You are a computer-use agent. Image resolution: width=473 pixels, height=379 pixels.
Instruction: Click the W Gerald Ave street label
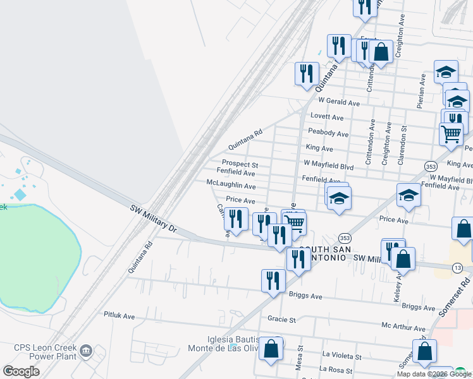(339, 102)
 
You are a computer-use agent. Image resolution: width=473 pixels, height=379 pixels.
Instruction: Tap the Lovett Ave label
(327, 117)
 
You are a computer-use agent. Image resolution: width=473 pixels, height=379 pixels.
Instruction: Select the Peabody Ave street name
(328, 133)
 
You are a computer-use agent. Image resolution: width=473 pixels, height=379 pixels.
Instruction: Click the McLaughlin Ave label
(231, 186)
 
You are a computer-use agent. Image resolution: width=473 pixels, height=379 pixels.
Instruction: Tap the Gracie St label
(281, 320)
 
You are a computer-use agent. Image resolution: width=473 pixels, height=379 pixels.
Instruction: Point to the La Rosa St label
(336, 369)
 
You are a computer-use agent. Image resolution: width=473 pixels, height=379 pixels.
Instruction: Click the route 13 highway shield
(457, 268)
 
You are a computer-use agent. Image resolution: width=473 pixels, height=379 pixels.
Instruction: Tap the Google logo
(21, 371)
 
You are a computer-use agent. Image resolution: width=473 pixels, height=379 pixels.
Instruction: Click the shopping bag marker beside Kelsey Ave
(402, 259)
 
